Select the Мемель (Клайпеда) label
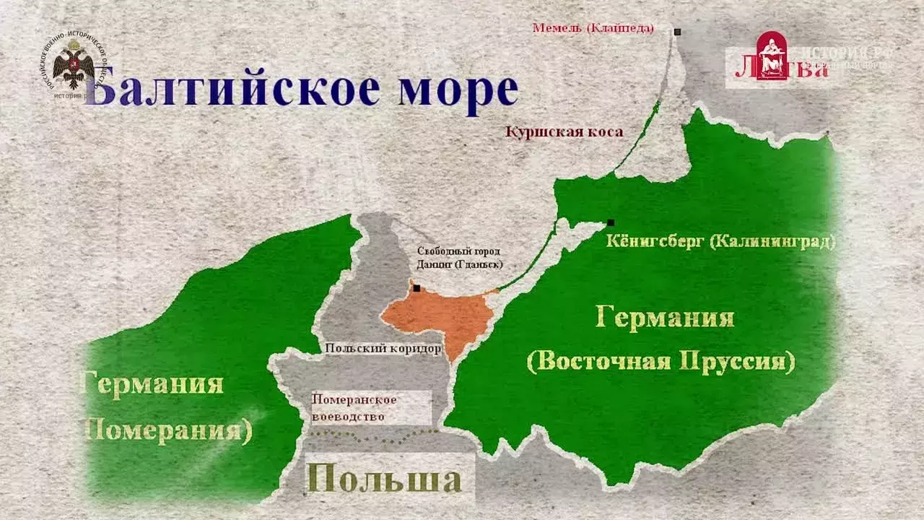(x=593, y=28)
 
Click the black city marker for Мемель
(x=678, y=32)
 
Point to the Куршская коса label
(x=564, y=132)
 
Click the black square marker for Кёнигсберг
(x=611, y=222)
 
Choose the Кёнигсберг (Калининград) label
(x=720, y=242)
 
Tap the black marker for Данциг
(x=417, y=288)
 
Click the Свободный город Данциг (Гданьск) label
(x=459, y=258)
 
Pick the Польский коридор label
(x=383, y=349)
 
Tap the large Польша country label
(x=383, y=480)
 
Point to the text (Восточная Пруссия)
(x=661, y=360)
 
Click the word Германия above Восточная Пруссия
(x=665, y=318)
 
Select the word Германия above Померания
(x=154, y=383)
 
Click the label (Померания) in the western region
(x=169, y=430)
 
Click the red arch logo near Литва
(x=771, y=55)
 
